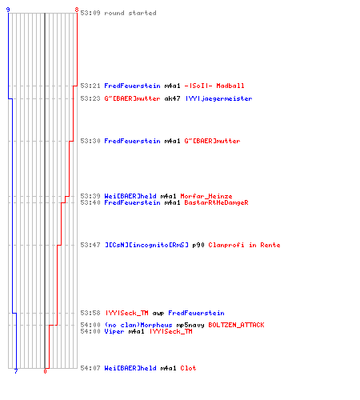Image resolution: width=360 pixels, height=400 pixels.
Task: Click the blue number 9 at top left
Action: pos(8,10)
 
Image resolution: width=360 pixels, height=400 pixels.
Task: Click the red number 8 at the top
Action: pos(77,10)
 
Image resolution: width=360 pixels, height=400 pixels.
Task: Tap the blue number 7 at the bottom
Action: pos(16,371)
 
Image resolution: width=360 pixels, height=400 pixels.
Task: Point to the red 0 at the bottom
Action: pos(45,371)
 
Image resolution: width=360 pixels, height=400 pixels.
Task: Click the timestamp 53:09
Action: pos(90,13)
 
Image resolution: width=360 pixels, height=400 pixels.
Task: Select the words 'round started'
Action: pos(130,13)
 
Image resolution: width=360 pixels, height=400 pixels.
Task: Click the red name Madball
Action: pos(230,86)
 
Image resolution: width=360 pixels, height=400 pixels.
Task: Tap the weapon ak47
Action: pos(172,98)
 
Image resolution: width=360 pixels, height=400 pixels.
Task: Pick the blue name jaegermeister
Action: pos(226,98)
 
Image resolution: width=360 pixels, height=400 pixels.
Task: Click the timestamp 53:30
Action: pos(90,141)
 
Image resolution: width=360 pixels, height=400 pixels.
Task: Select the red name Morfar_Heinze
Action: pos(206,196)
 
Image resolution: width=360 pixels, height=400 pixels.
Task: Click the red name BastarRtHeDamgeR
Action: pos(216,202)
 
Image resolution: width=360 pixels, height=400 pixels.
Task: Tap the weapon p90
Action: pos(198,245)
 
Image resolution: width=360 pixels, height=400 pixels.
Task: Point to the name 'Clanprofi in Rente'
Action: pos(244,245)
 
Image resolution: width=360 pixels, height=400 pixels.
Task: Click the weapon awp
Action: pos(158,313)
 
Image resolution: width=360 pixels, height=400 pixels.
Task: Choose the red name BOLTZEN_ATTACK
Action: pos(236,325)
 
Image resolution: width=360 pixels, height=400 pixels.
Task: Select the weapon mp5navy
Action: pos(190,326)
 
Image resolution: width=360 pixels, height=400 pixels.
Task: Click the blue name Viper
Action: pos(114,331)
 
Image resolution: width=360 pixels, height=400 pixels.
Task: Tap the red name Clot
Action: pos(188,368)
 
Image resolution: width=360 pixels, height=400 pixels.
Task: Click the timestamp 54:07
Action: pos(90,368)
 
